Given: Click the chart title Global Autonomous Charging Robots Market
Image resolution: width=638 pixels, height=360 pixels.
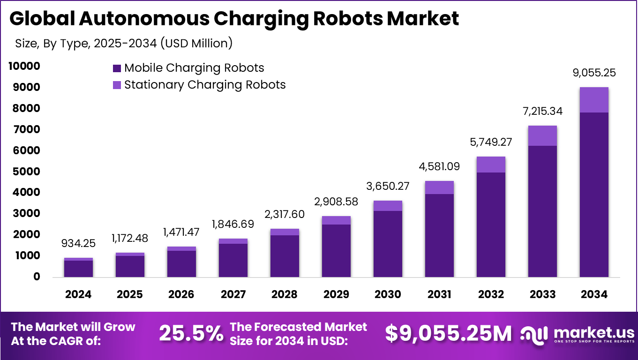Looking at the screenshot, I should click(x=234, y=19).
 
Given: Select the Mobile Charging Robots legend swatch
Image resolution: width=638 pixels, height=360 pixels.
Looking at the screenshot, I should click(x=117, y=68).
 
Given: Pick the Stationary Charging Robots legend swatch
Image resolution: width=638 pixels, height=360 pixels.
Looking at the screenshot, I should click(x=117, y=85).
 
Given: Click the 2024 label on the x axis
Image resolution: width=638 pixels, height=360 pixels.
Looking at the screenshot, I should click(x=78, y=294).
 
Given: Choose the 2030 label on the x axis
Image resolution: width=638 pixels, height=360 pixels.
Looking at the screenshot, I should click(x=388, y=294).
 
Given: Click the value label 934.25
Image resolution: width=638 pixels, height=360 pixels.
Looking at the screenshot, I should click(x=78, y=244).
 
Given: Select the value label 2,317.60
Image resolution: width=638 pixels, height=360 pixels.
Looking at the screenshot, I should click(x=285, y=214).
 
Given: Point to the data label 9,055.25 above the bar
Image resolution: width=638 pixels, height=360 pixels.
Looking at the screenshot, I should click(x=594, y=73).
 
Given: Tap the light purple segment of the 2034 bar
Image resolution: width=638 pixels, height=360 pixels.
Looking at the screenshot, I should click(x=594, y=100).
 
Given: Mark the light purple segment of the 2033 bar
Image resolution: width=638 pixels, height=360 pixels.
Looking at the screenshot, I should click(x=542, y=136).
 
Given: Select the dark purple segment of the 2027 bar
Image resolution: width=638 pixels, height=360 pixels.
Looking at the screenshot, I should click(x=233, y=260).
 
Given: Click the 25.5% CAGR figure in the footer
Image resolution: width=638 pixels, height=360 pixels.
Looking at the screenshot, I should click(x=191, y=333).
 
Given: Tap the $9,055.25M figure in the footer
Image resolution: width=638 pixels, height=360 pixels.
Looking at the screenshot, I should click(x=449, y=333).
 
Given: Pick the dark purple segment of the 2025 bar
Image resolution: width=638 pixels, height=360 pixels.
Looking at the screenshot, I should click(x=130, y=266).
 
